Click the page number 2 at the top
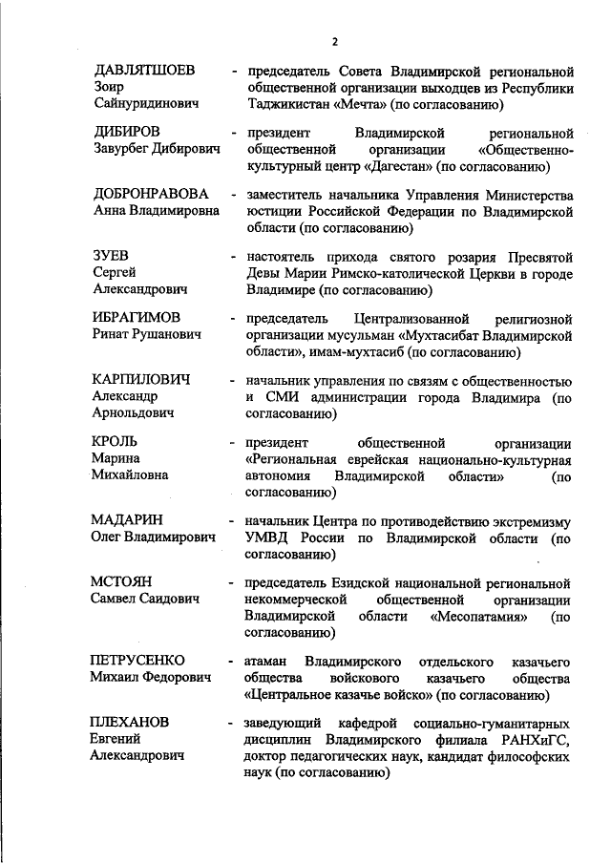(x=334, y=42)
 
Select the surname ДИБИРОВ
(x=126, y=132)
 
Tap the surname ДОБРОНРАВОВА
(x=150, y=194)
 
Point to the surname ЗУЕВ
(x=110, y=255)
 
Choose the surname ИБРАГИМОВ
(x=136, y=317)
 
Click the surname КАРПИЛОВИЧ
(x=140, y=379)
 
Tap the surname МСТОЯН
(x=122, y=581)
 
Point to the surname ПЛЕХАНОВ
(x=130, y=722)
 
